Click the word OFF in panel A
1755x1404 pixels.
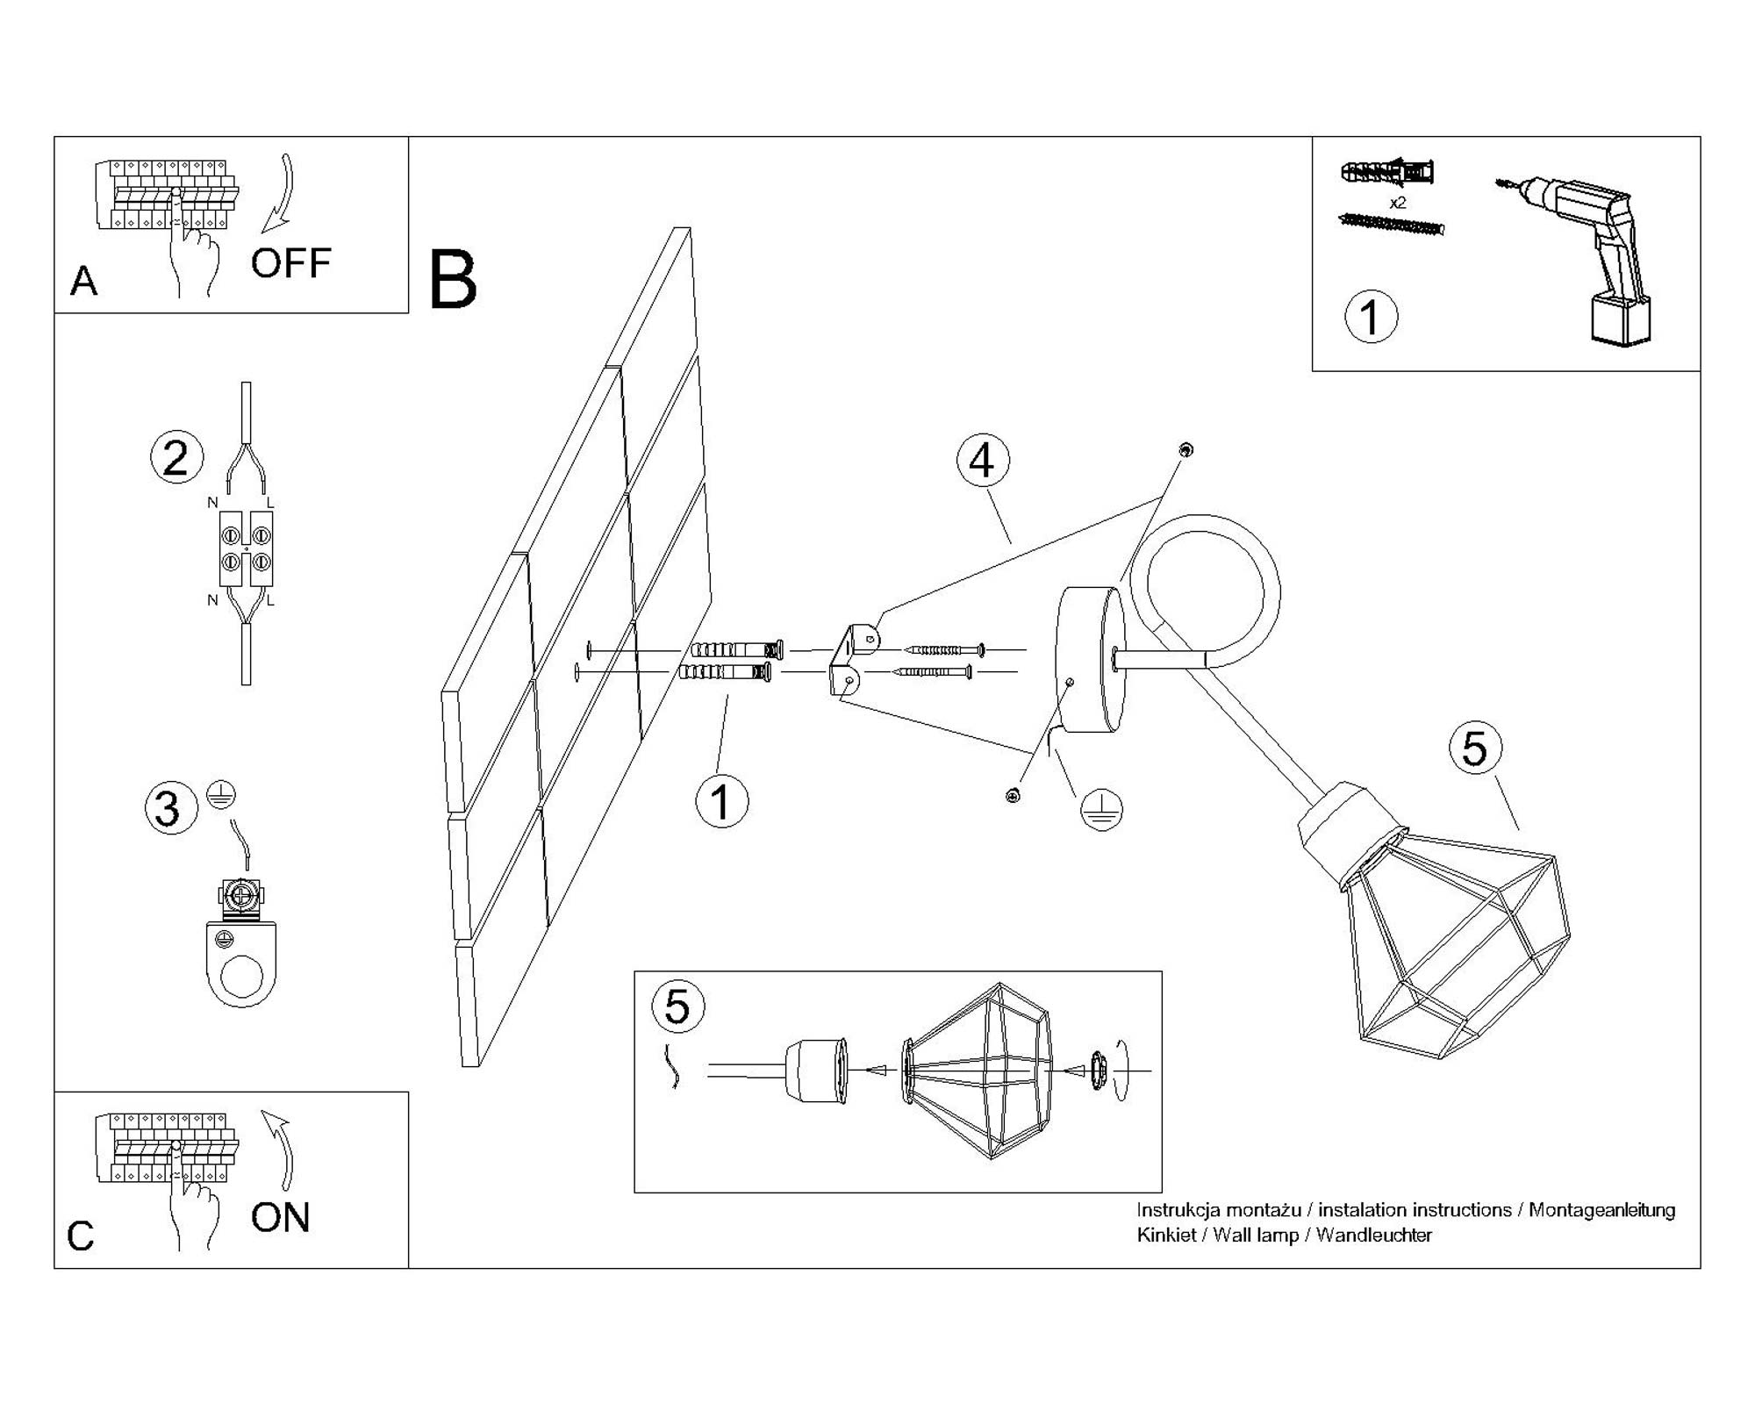tap(290, 263)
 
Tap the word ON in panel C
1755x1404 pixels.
tap(280, 1217)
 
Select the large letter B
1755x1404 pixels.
tap(453, 280)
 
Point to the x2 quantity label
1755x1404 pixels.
tap(1398, 203)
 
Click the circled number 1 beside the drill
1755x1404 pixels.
tap(1371, 317)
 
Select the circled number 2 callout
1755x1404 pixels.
tap(176, 457)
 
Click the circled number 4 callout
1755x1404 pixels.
tap(983, 461)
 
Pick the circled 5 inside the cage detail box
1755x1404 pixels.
tap(677, 1006)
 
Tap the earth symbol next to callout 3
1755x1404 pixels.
tap(221, 794)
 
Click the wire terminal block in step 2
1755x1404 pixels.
tap(246, 548)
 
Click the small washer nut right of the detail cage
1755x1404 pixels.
tap(1098, 1071)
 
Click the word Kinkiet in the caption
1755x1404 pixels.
tap(1166, 1236)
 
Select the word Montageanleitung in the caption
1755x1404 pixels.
tap(1601, 1210)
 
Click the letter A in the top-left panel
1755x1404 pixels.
tap(84, 282)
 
